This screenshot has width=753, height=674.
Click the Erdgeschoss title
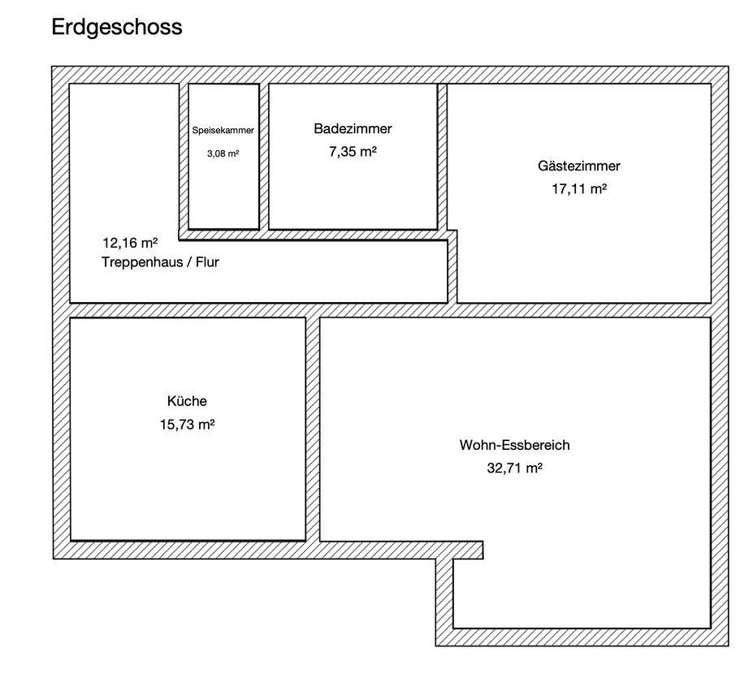pyautogui.click(x=117, y=28)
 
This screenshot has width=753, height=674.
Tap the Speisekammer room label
pyautogui.click(x=223, y=130)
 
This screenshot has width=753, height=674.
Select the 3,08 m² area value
pyautogui.click(x=223, y=153)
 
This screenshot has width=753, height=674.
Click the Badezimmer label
pyautogui.click(x=353, y=128)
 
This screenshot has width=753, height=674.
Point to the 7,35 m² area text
pyautogui.click(x=353, y=152)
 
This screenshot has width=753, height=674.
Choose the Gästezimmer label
pyautogui.click(x=579, y=166)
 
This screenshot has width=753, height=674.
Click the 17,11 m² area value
pyautogui.click(x=579, y=189)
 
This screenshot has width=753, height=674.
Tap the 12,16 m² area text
pyautogui.click(x=130, y=243)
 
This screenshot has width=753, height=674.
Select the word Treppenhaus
pyautogui.click(x=142, y=262)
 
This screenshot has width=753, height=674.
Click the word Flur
pyautogui.click(x=207, y=262)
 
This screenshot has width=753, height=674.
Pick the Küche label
pyautogui.click(x=188, y=401)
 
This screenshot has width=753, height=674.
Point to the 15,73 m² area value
pyautogui.click(x=188, y=425)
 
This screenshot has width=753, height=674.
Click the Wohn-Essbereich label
pyautogui.click(x=515, y=445)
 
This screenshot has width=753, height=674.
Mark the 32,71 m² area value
pyautogui.click(x=515, y=468)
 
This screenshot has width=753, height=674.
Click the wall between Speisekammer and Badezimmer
pyautogui.click(x=264, y=157)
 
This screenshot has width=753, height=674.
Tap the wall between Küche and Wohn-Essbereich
pyautogui.click(x=313, y=430)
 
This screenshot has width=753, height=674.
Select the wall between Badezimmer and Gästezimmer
pyautogui.click(x=442, y=157)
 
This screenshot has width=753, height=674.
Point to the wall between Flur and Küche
pyautogui.click(x=188, y=310)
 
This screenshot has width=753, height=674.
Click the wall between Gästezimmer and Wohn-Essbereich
pyautogui.click(x=584, y=310)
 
